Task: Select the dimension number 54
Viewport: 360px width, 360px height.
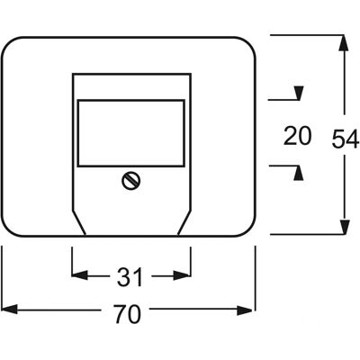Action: click(346, 139)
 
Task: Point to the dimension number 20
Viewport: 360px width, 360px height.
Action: click(298, 136)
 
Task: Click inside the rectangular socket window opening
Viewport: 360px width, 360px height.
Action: click(131, 133)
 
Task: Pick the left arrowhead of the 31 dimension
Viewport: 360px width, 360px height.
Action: click(80, 274)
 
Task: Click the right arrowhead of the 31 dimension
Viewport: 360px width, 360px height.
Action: click(182, 274)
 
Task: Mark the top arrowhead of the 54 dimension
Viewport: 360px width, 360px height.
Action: click(345, 43)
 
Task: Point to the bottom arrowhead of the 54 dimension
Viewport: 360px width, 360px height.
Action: click(345, 227)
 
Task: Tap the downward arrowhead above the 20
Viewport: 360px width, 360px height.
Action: click(299, 93)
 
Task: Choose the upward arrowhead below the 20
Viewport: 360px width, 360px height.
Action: click(298, 173)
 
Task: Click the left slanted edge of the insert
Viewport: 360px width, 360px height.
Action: click(79, 222)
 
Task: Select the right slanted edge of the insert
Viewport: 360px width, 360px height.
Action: click(184, 222)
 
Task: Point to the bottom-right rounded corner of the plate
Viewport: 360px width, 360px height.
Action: click(248, 229)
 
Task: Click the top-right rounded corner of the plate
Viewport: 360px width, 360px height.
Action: click(248, 44)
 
